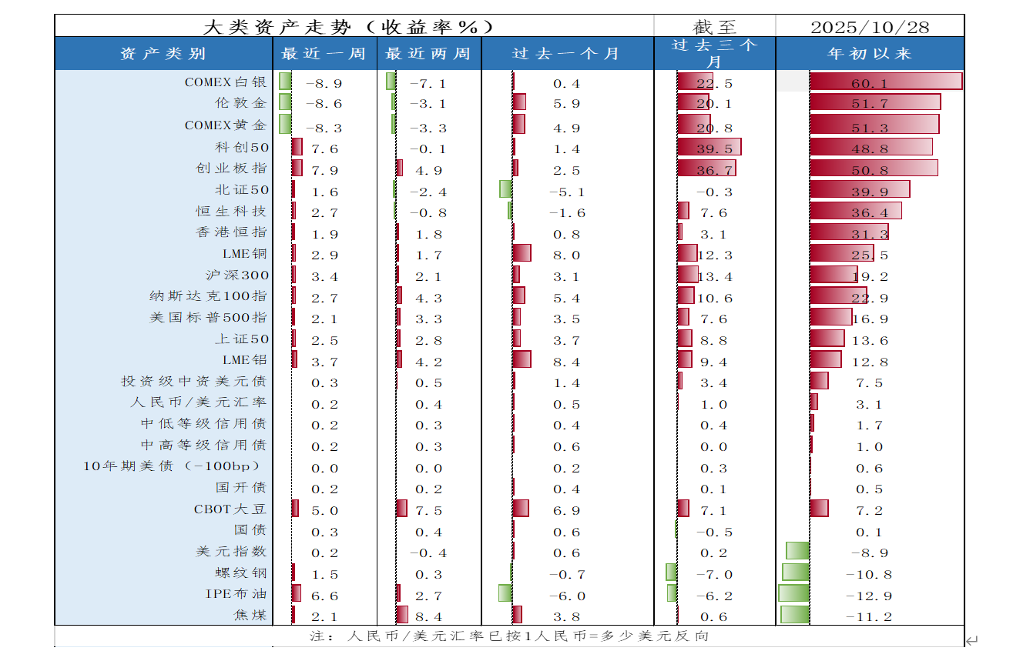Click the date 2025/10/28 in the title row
coord(870,27)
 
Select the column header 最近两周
coord(428,54)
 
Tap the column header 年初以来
coord(869,54)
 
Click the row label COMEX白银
coord(226,82)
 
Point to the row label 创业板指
coord(231,169)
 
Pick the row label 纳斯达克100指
coord(208,296)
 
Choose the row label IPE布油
coord(236,594)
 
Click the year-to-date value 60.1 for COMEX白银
coord(869,83)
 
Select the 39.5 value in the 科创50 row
coord(714,149)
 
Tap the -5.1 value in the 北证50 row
coord(566,192)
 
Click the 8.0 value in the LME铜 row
coord(566,255)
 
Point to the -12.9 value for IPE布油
coord(868,596)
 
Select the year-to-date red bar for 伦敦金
coord(875,102)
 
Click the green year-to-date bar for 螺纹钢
coord(796,572)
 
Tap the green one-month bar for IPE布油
coord(505,593)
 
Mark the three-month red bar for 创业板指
coord(706,168)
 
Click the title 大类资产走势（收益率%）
coord(347,27)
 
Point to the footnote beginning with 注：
coord(508,636)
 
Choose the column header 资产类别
coord(163,54)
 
